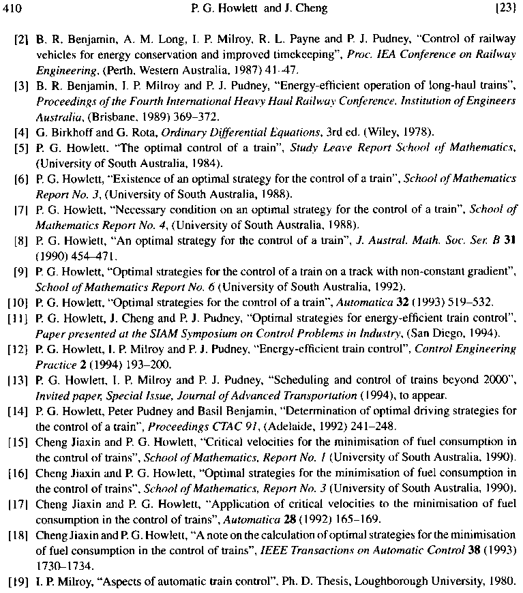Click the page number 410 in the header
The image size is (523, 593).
click(x=14, y=8)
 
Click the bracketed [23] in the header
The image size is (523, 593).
click(x=507, y=8)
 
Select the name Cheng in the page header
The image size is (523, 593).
click(x=313, y=8)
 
